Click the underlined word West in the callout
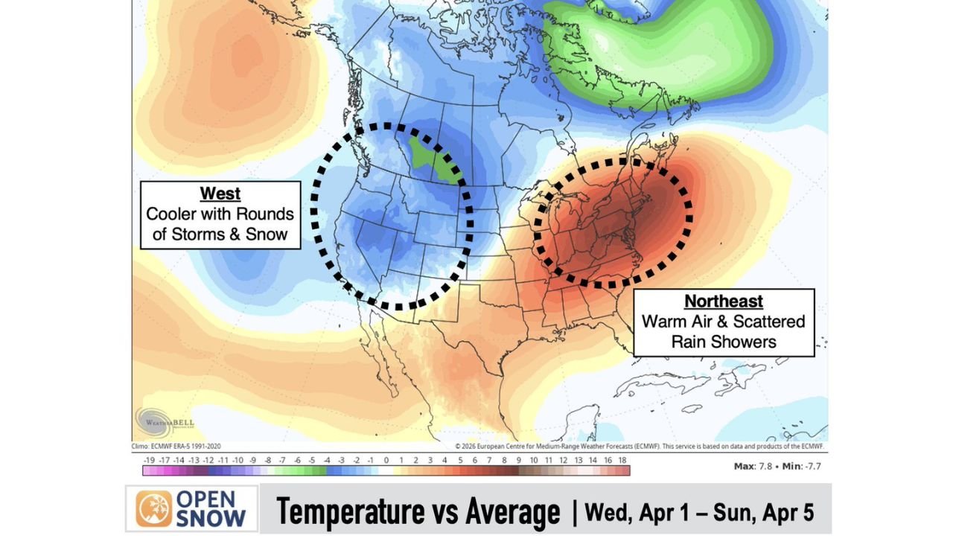(220, 194)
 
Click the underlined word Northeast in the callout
(724, 301)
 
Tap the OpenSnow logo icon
(153, 508)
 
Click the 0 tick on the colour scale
(386, 461)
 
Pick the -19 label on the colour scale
(149, 461)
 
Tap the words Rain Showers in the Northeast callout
(724, 342)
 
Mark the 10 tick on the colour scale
(534, 461)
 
